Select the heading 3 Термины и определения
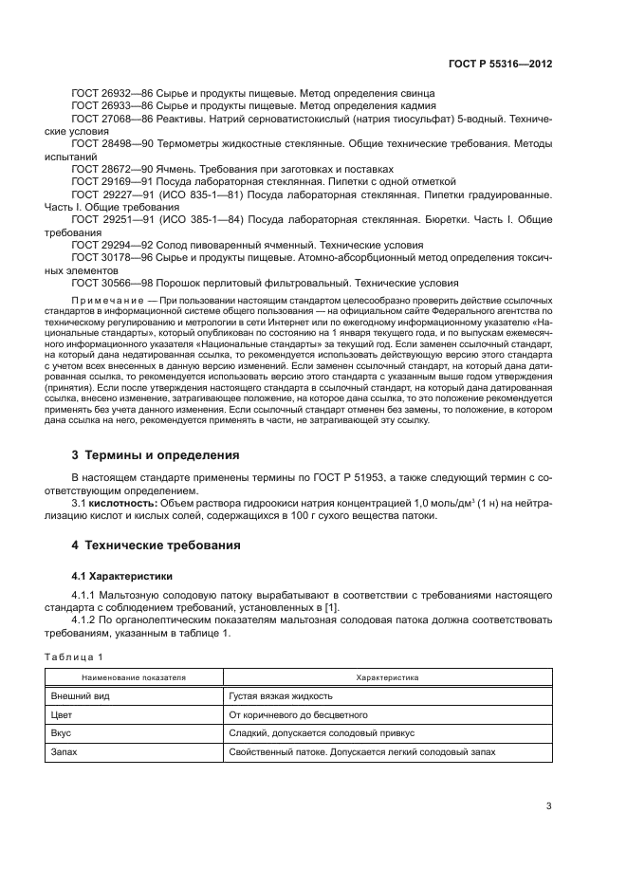156,454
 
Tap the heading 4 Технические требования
157,545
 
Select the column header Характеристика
387,678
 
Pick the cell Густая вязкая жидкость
282,697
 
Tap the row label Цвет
62,715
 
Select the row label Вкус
62,733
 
